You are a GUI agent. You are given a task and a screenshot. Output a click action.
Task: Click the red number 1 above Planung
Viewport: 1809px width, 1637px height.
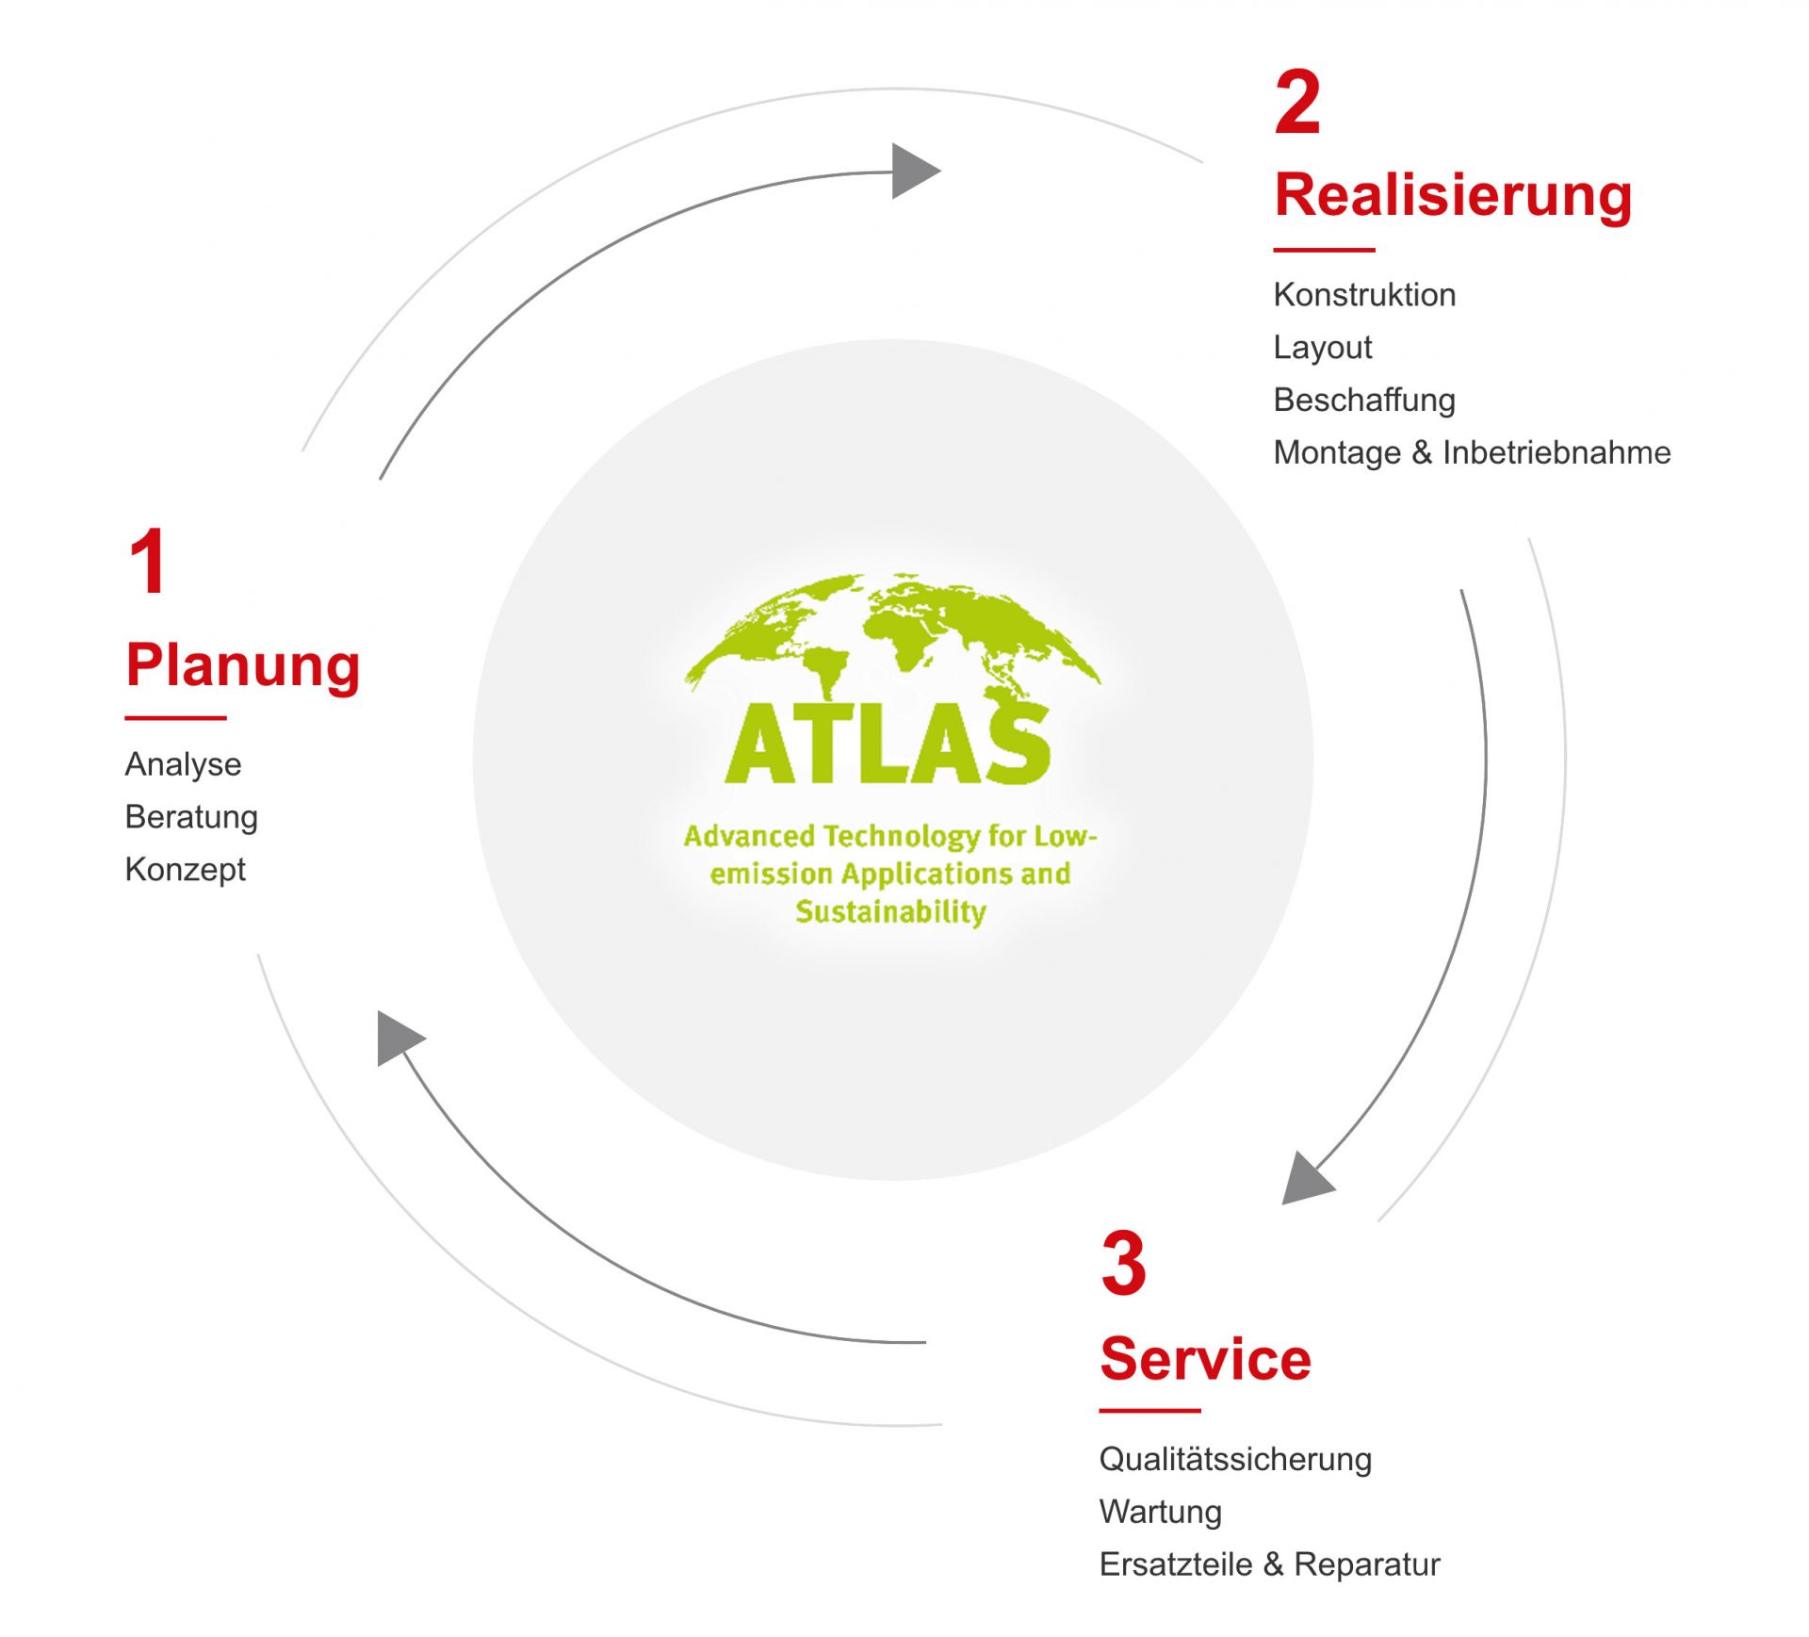point(149,562)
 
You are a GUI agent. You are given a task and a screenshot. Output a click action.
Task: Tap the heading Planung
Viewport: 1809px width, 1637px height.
point(243,665)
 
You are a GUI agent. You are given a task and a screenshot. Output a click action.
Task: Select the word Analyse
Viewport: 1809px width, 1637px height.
point(183,764)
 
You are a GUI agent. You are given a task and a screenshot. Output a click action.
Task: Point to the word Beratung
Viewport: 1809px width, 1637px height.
point(191,817)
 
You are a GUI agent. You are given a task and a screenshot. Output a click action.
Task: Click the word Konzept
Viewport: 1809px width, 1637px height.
point(185,869)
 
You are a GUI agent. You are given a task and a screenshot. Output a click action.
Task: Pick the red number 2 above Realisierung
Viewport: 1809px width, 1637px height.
point(1297,103)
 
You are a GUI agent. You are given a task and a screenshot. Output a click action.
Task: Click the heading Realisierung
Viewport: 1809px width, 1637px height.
point(1453,196)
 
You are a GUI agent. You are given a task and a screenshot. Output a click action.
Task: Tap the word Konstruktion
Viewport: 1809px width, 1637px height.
point(1364,295)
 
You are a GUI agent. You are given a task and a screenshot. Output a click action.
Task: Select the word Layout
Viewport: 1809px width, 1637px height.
point(1322,348)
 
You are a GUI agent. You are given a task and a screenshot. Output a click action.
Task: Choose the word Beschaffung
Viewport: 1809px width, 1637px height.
point(1364,401)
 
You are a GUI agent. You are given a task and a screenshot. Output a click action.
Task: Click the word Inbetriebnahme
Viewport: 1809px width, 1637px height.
point(1556,452)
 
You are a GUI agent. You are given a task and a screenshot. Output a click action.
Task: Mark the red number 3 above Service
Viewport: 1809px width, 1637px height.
point(1123,1264)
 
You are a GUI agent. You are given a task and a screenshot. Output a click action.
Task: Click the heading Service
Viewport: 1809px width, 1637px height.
point(1205,1359)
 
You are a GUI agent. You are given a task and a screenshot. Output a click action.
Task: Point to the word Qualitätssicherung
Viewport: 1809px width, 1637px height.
point(1235,1459)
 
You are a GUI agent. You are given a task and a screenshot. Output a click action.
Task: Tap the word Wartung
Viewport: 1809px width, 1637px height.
point(1160,1512)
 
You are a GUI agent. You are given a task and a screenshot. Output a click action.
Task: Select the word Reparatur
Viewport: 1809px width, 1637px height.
point(1367,1564)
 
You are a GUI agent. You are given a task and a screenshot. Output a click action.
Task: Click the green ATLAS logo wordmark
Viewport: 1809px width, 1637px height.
point(888,745)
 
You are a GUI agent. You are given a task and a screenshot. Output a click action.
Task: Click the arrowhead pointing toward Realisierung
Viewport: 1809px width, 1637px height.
point(913,172)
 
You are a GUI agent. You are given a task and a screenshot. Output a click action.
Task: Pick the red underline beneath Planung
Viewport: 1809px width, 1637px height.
point(176,718)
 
